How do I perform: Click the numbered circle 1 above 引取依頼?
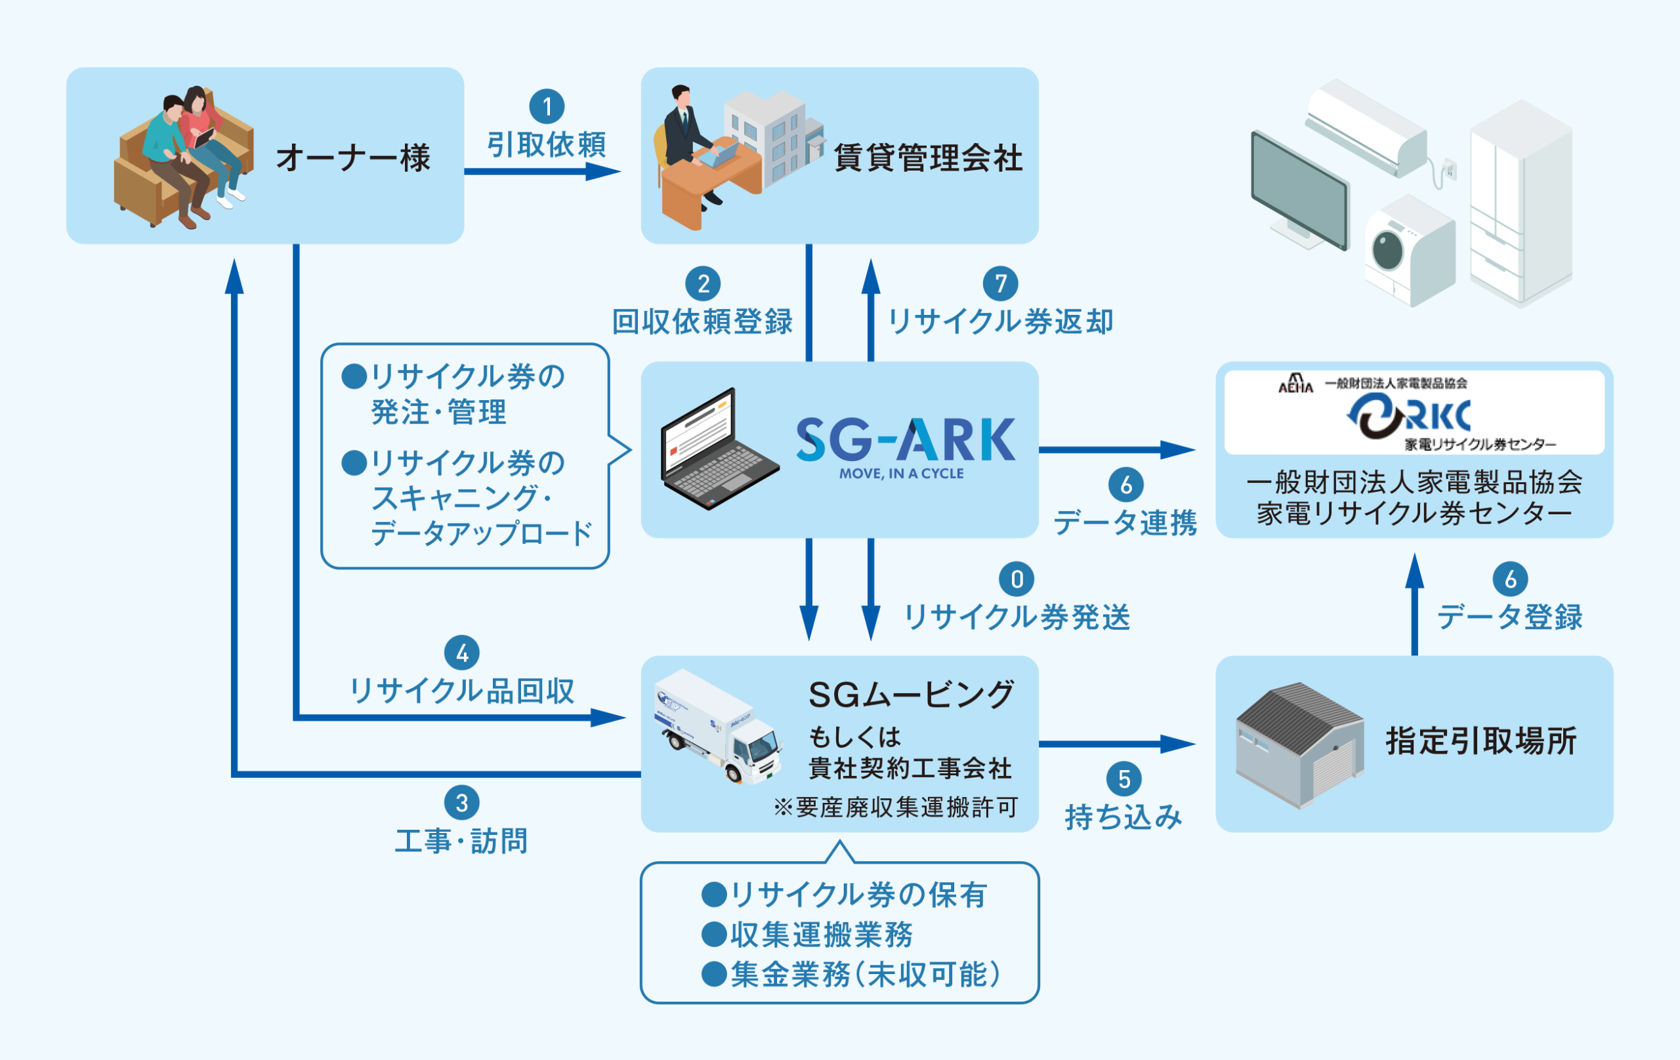click(x=547, y=107)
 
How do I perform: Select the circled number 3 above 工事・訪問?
click(x=462, y=803)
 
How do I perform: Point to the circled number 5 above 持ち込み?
click(x=1124, y=779)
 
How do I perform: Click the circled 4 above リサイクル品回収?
click(x=462, y=653)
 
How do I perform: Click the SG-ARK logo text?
click(x=905, y=441)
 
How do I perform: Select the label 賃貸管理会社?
click(x=928, y=157)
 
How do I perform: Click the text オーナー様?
click(x=353, y=157)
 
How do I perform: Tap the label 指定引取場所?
click(x=1481, y=741)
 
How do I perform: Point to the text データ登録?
click(x=1509, y=617)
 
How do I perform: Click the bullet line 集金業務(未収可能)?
click(x=854, y=974)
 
